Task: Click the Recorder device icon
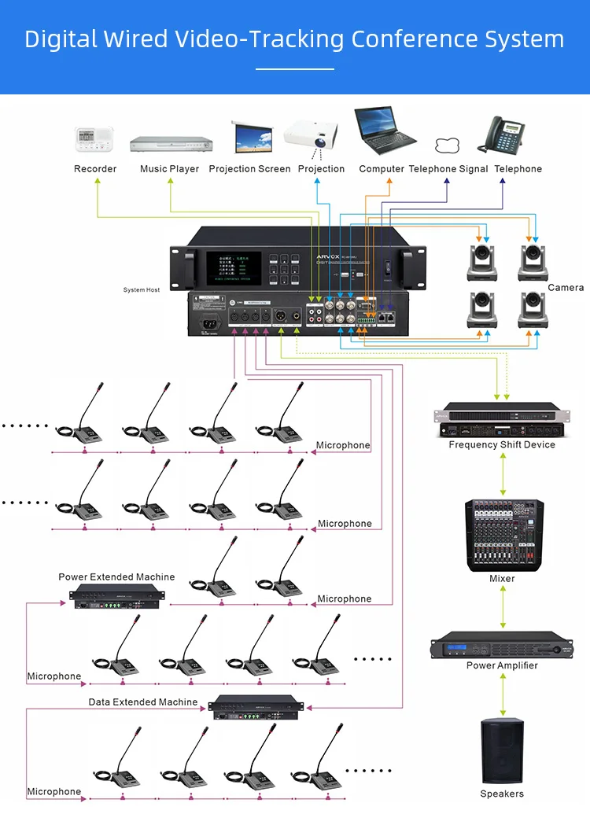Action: (x=94, y=139)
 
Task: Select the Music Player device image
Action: (x=171, y=143)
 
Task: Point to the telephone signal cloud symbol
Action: (x=447, y=145)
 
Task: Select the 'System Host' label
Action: (x=142, y=290)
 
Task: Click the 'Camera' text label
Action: (x=566, y=288)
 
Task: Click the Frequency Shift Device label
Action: (x=502, y=445)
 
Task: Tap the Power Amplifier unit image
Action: (x=502, y=644)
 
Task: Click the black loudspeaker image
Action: (x=502, y=752)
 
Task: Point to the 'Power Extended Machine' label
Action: (x=116, y=577)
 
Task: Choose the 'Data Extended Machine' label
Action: (x=143, y=702)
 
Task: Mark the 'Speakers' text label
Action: (x=502, y=794)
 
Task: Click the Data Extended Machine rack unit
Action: (x=256, y=707)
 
